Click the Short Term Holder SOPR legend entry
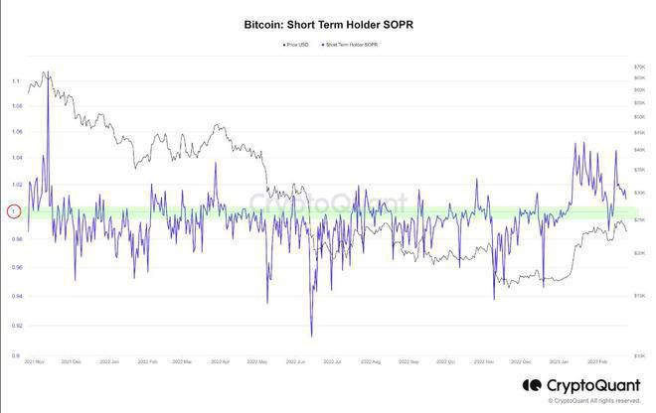[x=352, y=45]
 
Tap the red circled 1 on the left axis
[x=14, y=211]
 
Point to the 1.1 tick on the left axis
[x=16, y=80]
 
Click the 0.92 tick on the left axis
[x=16, y=325]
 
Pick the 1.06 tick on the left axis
[x=16, y=131]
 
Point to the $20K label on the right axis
[x=639, y=253]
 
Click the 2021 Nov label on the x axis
[x=35, y=363]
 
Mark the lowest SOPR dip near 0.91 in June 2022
[x=311, y=336]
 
